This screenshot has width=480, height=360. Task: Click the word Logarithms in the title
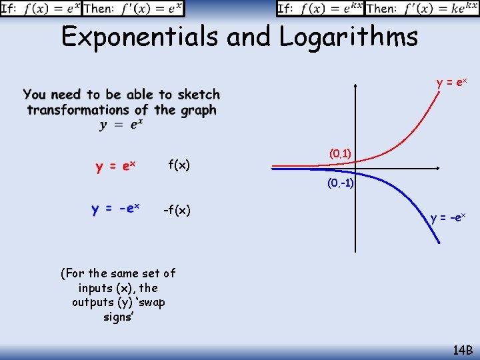tap(349, 37)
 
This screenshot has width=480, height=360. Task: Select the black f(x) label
tap(179, 165)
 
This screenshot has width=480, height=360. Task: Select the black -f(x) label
tap(177, 211)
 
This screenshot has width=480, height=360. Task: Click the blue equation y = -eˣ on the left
tap(115, 209)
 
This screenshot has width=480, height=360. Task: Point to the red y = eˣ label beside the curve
tap(451, 83)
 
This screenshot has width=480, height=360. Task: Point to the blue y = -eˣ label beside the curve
tap(448, 218)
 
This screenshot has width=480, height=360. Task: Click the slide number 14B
tap(462, 350)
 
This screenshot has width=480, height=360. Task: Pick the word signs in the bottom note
tap(118, 317)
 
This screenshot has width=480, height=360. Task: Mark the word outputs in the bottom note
tap(93, 302)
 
